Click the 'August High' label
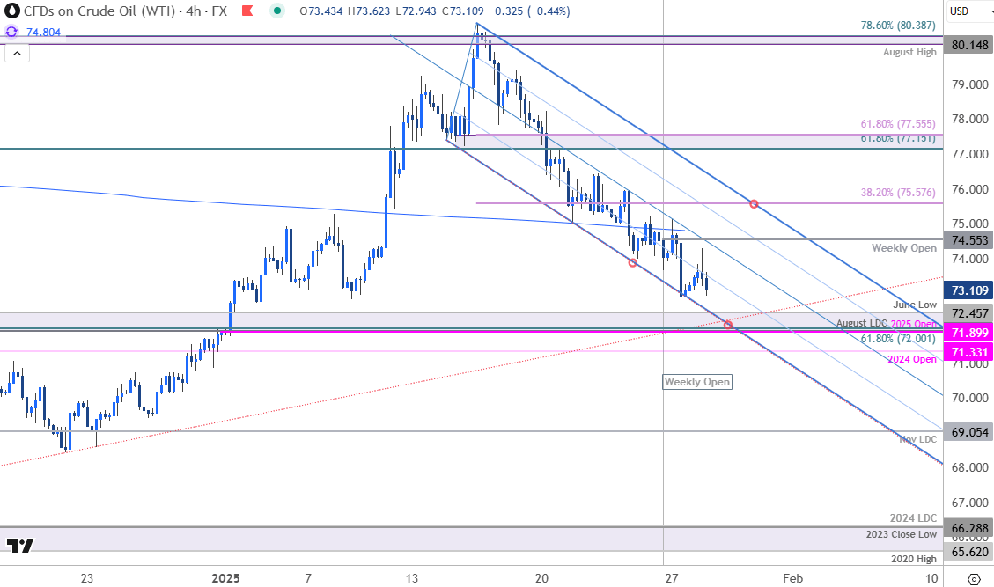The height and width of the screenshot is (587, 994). tap(909, 53)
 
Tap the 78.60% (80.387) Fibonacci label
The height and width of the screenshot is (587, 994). tap(897, 26)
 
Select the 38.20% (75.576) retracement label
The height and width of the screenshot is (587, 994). tap(897, 193)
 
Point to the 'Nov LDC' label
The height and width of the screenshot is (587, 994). tap(917, 439)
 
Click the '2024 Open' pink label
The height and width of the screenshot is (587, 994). tap(914, 359)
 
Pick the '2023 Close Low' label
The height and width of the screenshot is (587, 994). tap(902, 534)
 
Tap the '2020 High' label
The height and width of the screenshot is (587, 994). tap(913, 559)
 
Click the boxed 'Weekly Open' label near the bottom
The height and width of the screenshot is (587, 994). tap(697, 382)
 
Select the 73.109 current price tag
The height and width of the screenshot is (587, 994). tap(968, 290)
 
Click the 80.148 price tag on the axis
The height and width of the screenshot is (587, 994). tap(968, 45)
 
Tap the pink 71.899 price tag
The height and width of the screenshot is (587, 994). tap(968, 333)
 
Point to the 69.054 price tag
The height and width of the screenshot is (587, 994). tap(968, 433)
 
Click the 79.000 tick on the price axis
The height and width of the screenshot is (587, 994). tap(966, 85)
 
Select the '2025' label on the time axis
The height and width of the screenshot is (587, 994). tap(226, 578)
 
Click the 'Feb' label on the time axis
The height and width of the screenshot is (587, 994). tap(793, 578)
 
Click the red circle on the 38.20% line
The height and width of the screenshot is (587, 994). tap(754, 204)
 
